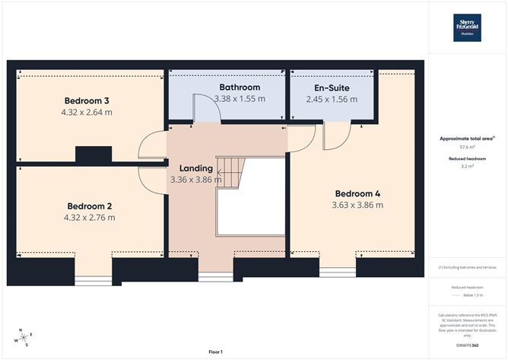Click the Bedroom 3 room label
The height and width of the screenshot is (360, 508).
(87, 100)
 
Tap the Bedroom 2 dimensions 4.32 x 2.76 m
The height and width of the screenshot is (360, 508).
(90, 218)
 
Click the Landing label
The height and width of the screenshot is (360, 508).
(195, 167)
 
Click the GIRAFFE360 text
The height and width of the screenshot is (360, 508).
(467, 346)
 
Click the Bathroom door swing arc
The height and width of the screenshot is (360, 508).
(208, 107)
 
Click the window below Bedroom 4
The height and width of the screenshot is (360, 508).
(337, 271)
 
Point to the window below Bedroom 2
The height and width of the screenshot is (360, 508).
(93, 277)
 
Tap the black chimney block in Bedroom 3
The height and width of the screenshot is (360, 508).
(94, 154)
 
